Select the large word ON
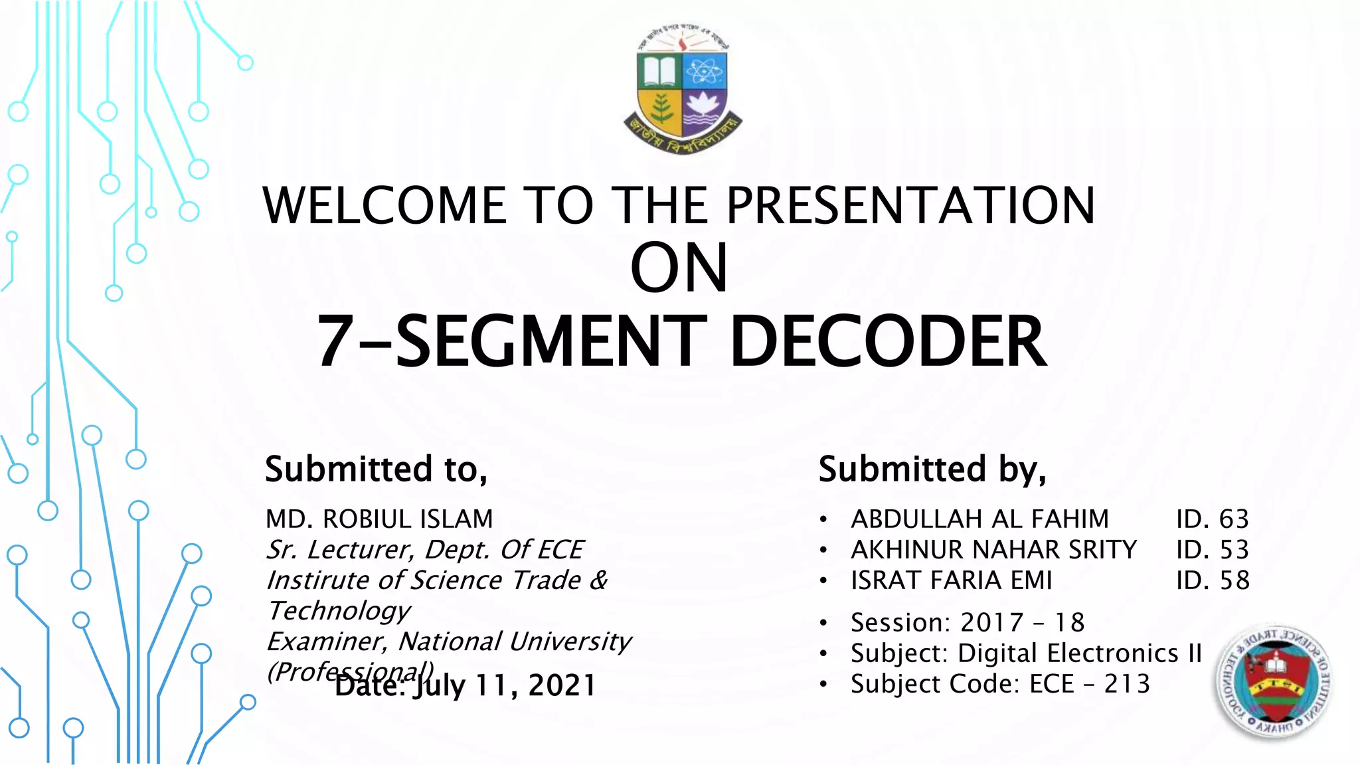679,268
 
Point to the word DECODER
888,342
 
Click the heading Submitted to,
376,469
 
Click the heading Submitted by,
932,469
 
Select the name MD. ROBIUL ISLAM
379,519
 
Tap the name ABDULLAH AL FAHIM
979,519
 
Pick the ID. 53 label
1212,550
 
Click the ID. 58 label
1212,580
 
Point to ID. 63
1212,519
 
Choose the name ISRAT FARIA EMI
951,580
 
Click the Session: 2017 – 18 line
967,623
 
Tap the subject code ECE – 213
1089,684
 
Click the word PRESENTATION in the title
910,205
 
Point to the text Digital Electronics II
1079,653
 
